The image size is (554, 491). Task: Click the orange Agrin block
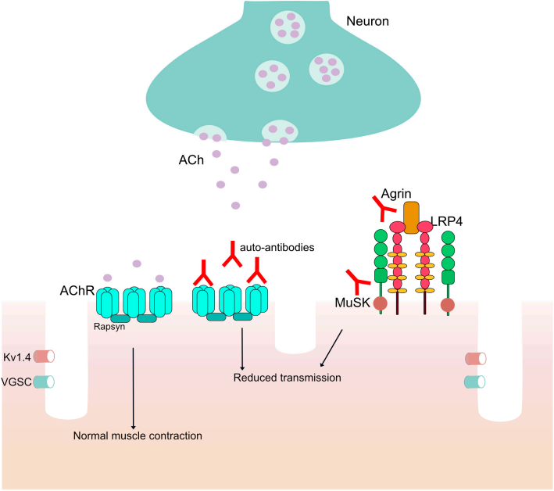(412, 213)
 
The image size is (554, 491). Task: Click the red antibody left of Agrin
(383, 208)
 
